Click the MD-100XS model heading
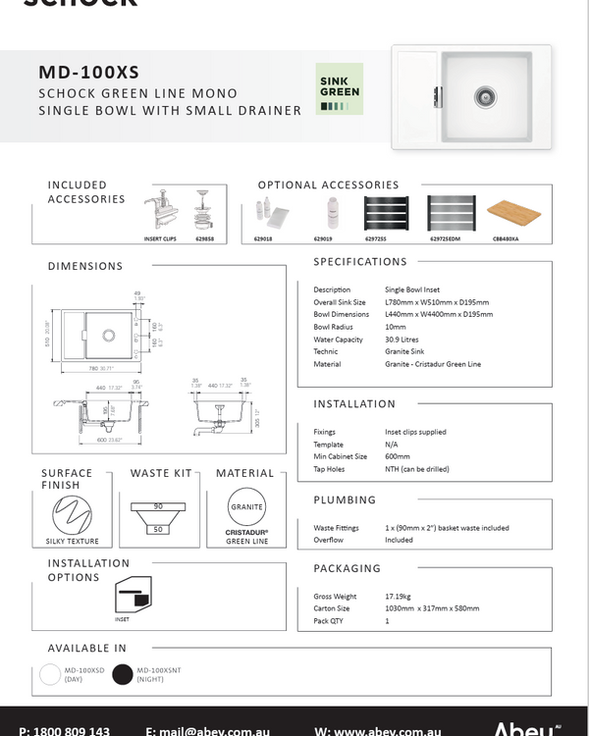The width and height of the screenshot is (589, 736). click(x=89, y=72)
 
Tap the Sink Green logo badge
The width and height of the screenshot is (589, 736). click(x=340, y=89)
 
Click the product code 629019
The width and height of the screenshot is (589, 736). click(x=324, y=237)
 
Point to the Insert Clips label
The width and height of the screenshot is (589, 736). click(x=159, y=237)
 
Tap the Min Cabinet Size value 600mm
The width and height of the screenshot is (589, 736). click(x=398, y=456)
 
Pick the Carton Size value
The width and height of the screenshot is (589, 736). click(x=432, y=608)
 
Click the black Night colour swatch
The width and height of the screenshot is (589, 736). click(x=122, y=674)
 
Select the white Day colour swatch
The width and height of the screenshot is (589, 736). click(x=50, y=674)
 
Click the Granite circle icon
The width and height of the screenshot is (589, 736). click(x=246, y=508)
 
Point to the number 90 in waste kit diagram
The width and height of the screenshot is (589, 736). click(x=157, y=507)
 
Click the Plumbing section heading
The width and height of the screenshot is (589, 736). click(x=345, y=499)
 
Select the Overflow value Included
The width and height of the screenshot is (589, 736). click(x=399, y=540)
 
